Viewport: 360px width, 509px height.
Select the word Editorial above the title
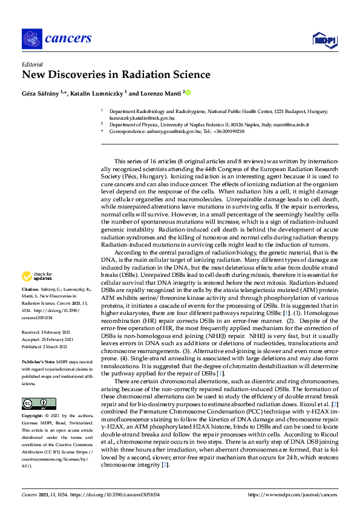pyautogui.click(x=33, y=64)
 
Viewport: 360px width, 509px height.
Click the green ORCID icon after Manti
pyautogui.click(x=188, y=93)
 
